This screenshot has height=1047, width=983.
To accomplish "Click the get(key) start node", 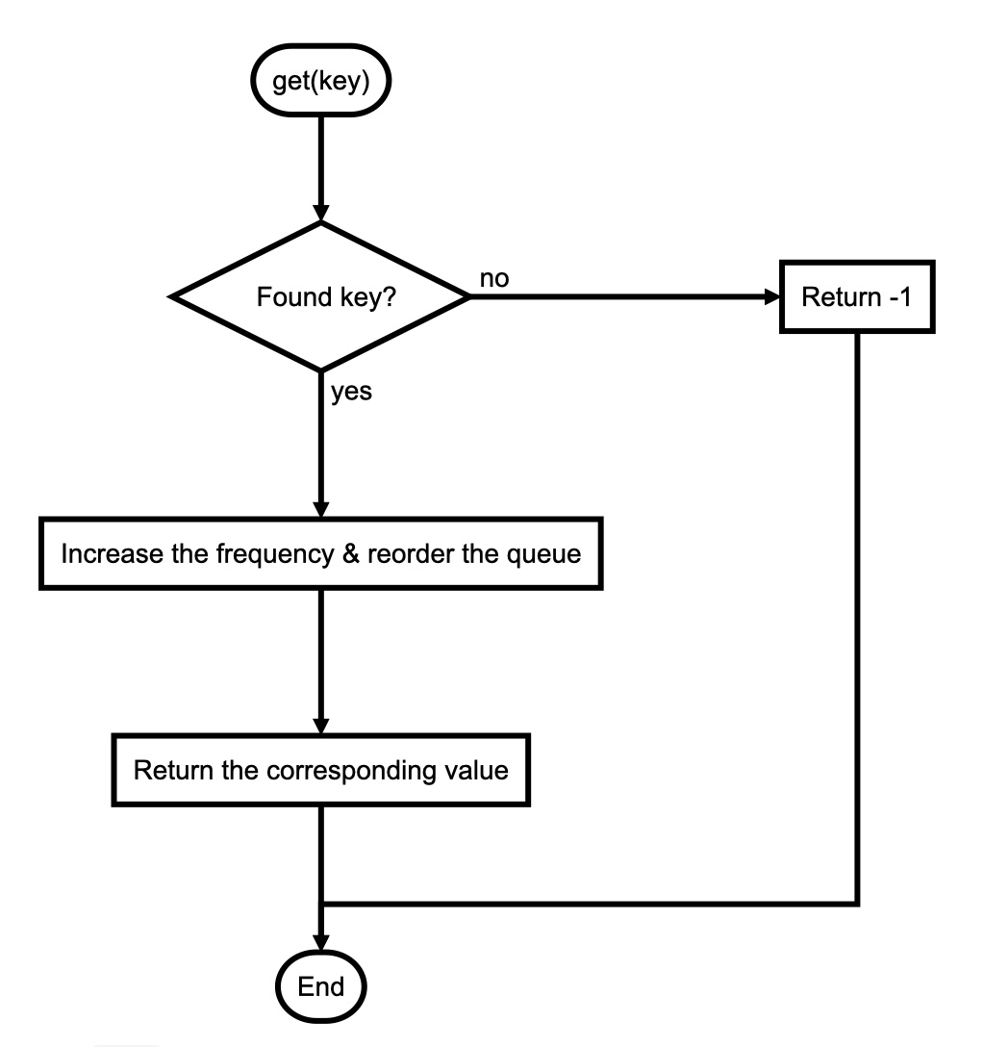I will [321, 81].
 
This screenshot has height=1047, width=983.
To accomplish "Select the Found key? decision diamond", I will [320, 296].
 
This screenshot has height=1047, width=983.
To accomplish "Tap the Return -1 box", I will [856, 296].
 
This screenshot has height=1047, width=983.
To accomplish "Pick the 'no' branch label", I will [494, 278].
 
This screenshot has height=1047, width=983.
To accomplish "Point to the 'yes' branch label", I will [352, 392].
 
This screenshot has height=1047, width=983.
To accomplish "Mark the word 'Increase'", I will [101, 554].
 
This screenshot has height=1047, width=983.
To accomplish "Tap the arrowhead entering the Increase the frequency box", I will [320, 510].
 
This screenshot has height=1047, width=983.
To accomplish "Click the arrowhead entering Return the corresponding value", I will [320, 727].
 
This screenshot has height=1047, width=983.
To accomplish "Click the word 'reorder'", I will [407, 554].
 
